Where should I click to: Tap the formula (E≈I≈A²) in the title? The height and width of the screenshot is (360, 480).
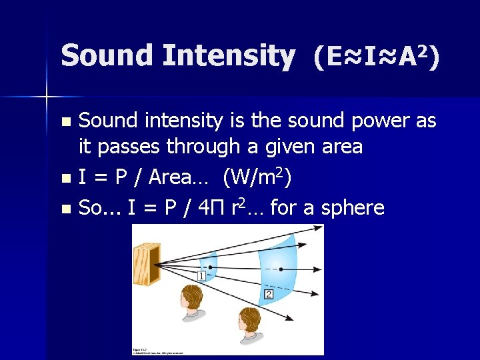(x=376, y=58)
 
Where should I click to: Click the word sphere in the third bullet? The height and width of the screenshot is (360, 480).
(x=353, y=208)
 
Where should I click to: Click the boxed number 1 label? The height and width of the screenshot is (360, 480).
(x=201, y=276)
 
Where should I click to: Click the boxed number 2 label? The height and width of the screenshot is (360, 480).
(x=269, y=294)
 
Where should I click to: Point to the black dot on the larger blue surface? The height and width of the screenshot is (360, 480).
(x=281, y=269)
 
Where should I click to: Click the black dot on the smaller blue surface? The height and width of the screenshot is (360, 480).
(x=211, y=267)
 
